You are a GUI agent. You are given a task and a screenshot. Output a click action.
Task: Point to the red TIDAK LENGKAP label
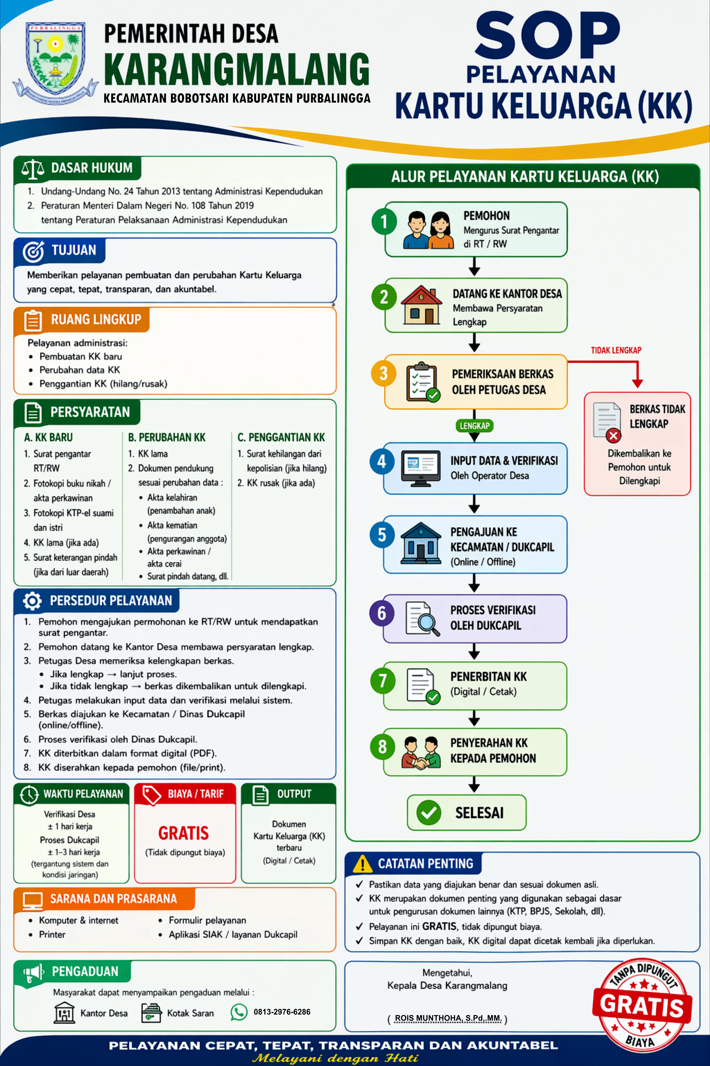(x=616, y=350)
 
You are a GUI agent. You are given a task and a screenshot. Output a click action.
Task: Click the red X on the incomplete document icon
(x=613, y=436)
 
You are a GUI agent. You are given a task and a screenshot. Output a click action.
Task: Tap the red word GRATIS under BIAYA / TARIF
(x=183, y=833)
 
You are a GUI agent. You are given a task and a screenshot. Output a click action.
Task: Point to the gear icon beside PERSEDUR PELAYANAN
(x=32, y=601)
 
